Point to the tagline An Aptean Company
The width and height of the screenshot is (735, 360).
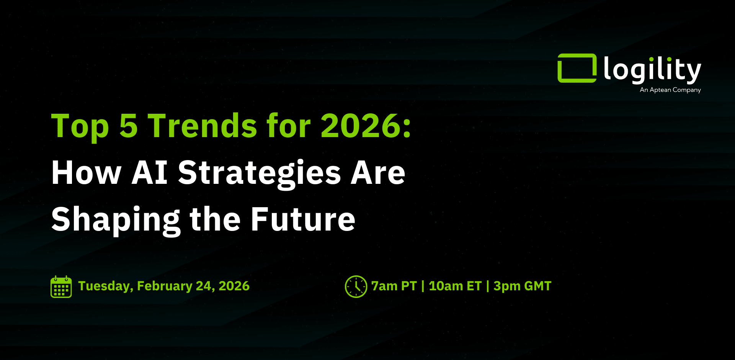click(670, 90)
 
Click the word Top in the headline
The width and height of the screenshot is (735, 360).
click(80, 127)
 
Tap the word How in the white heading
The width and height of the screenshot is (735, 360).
click(87, 173)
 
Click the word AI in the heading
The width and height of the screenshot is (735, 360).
click(150, 173)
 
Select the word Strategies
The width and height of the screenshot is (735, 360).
click(260, 174)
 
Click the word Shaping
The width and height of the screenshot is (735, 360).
click(116, 221)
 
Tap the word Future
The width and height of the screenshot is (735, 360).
click(303, 219)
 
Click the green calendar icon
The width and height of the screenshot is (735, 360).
click(61, 286)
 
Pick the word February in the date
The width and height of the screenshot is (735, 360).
click(165, 286)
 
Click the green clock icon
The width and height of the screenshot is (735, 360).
click(356, 286)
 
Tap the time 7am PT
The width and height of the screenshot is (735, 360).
click(394, 286)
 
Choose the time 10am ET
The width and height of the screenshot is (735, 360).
click(455, 286)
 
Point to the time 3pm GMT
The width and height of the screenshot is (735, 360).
click(523, 286)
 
